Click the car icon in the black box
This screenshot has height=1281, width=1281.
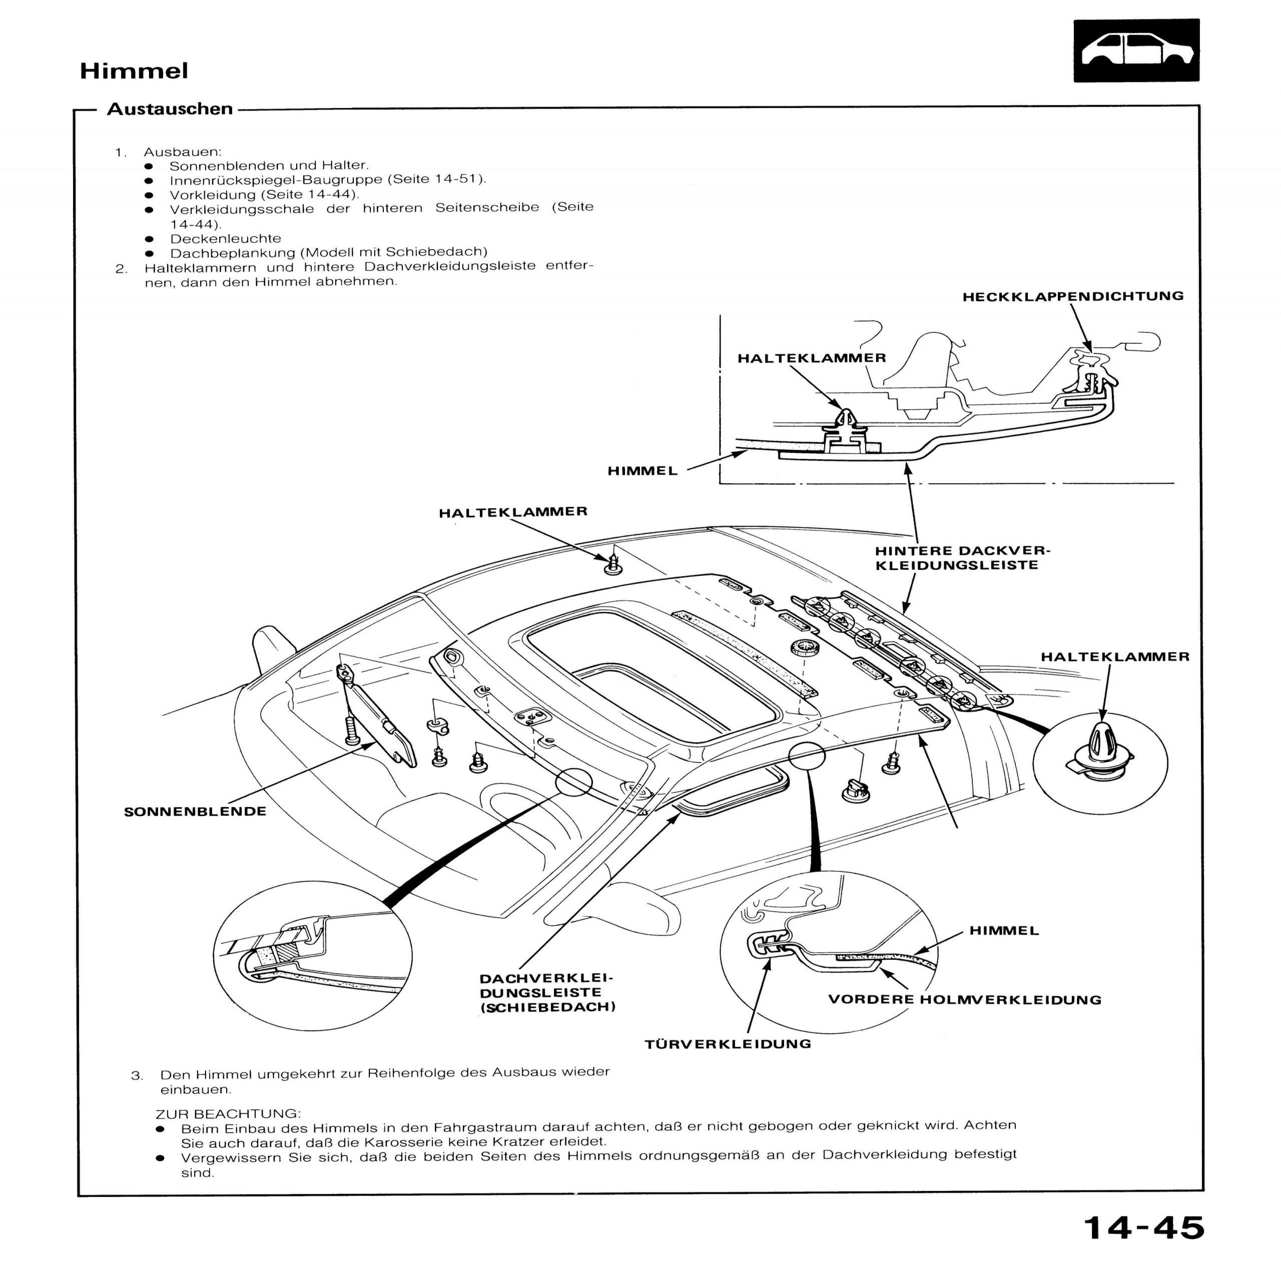click(1136, 51)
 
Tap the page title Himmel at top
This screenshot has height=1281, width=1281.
click(134, 71)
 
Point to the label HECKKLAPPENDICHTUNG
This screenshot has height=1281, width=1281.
click(1073, 296)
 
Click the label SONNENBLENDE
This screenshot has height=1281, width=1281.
click(195, 812)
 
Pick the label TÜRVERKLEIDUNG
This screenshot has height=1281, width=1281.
click(728, 1044)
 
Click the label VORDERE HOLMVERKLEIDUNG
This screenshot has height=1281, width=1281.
click(965, 1000)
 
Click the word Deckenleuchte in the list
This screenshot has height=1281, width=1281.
click(226, 238)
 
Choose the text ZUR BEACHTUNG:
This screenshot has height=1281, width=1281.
click(228, 1113)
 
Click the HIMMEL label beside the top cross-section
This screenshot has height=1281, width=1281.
click(643, 471)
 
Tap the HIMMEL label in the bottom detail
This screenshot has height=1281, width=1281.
click(1004, 930)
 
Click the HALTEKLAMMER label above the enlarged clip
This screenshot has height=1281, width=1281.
click(1114, 657)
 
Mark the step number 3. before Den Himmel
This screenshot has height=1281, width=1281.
click(137, 1075)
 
